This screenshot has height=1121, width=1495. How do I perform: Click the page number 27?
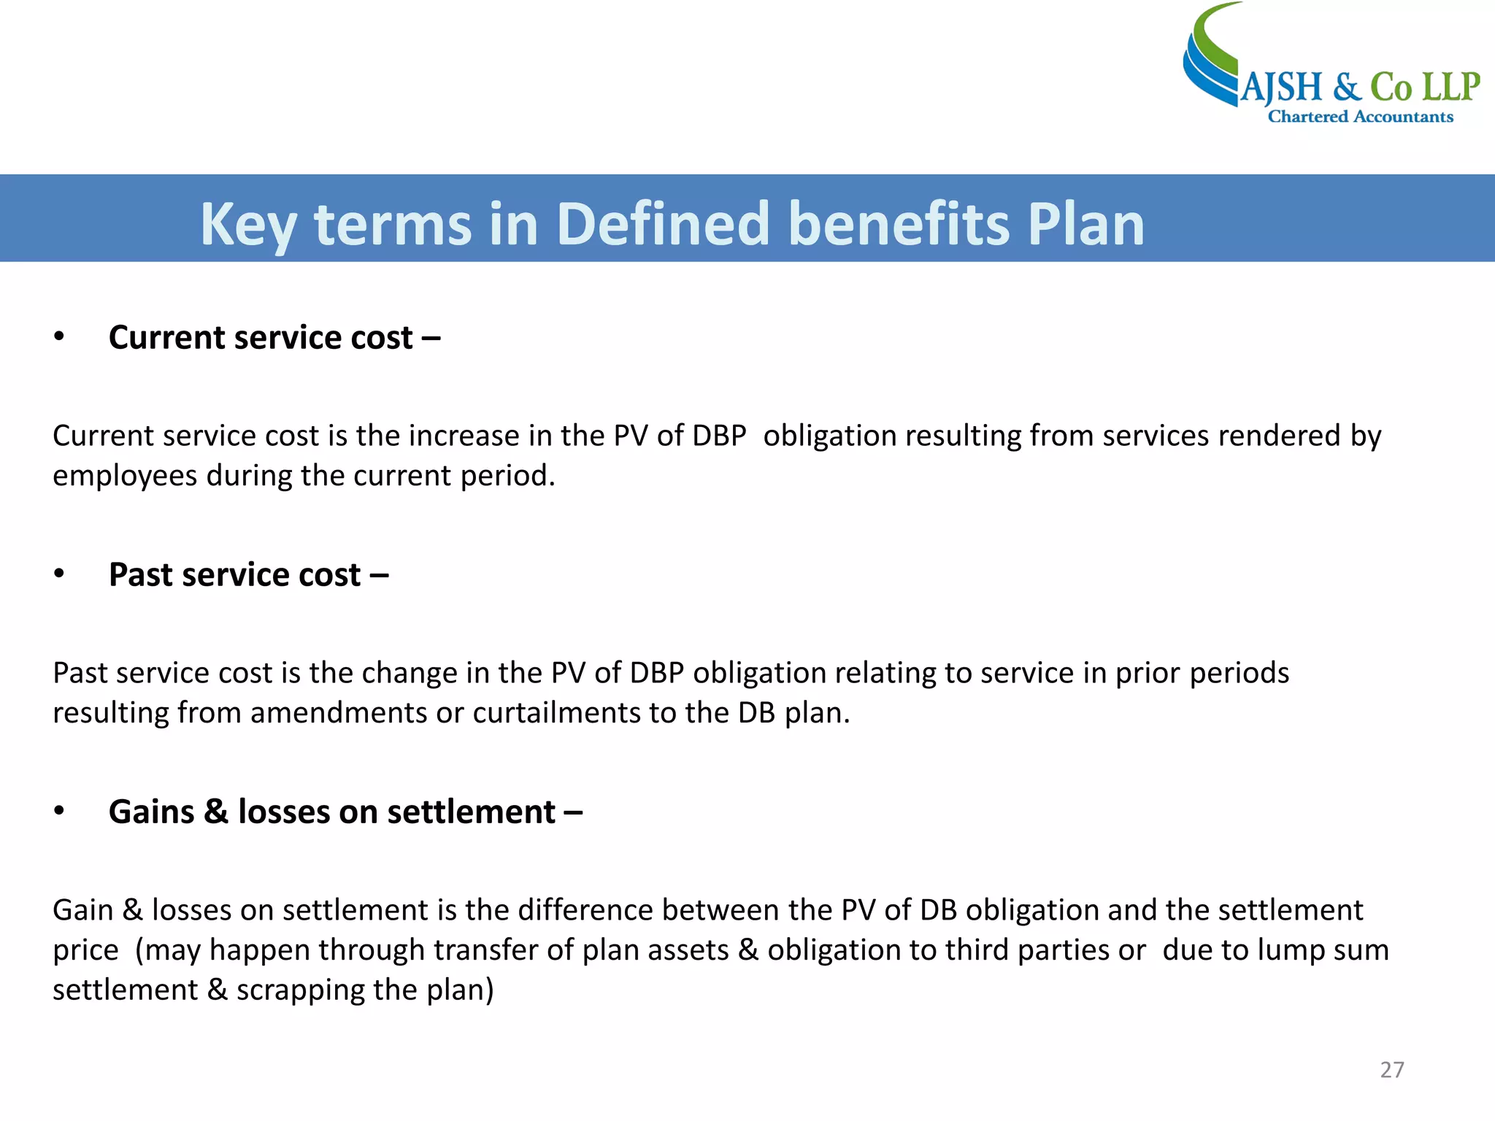coord(1391,1070)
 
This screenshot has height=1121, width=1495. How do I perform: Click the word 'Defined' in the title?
coord(663,223)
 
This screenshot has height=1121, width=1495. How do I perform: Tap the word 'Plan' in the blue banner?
coord(1085,223)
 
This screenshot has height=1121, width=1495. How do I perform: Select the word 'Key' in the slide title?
coord(247,225)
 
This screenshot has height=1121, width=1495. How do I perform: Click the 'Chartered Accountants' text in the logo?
coord(1360,117)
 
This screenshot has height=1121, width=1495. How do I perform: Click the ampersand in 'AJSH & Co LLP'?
coord(1346,88)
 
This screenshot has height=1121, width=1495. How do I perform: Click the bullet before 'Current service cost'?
coord(59,337)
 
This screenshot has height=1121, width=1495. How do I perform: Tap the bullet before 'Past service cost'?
coord(59,574)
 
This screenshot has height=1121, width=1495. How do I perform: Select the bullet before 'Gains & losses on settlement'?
coord(59,812)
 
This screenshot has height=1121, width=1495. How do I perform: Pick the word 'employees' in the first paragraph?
coord(125,477)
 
